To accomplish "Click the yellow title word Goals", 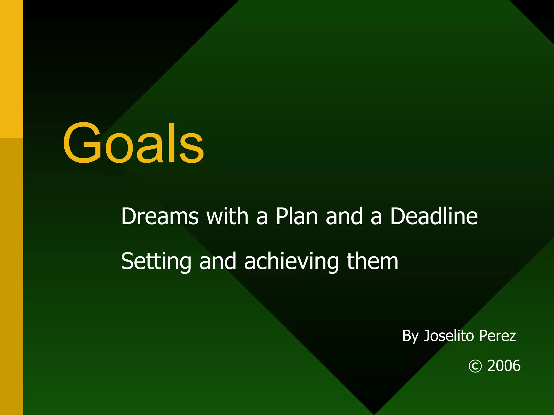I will click(x=133, y=143).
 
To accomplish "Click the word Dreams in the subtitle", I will click(x=160, y=216).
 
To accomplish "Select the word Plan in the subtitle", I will click(x=297, y=216).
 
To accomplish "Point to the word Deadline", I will click(x=434, y=216).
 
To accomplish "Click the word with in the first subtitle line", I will click(x=227, y=216).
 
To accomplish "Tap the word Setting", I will click(x=156, y=262).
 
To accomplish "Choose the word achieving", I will click(x=291, y=262).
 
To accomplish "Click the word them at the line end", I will click(x=372, y=262).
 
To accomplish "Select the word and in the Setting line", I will click(x=218, y=262).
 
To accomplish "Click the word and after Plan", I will click(x=344, y=216).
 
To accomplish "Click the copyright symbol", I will click(x=475, y=366).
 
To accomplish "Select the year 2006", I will click(x=504, y=366).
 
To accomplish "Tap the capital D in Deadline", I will click(x=399, y=216).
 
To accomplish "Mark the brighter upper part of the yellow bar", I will click(x=11, y=68).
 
